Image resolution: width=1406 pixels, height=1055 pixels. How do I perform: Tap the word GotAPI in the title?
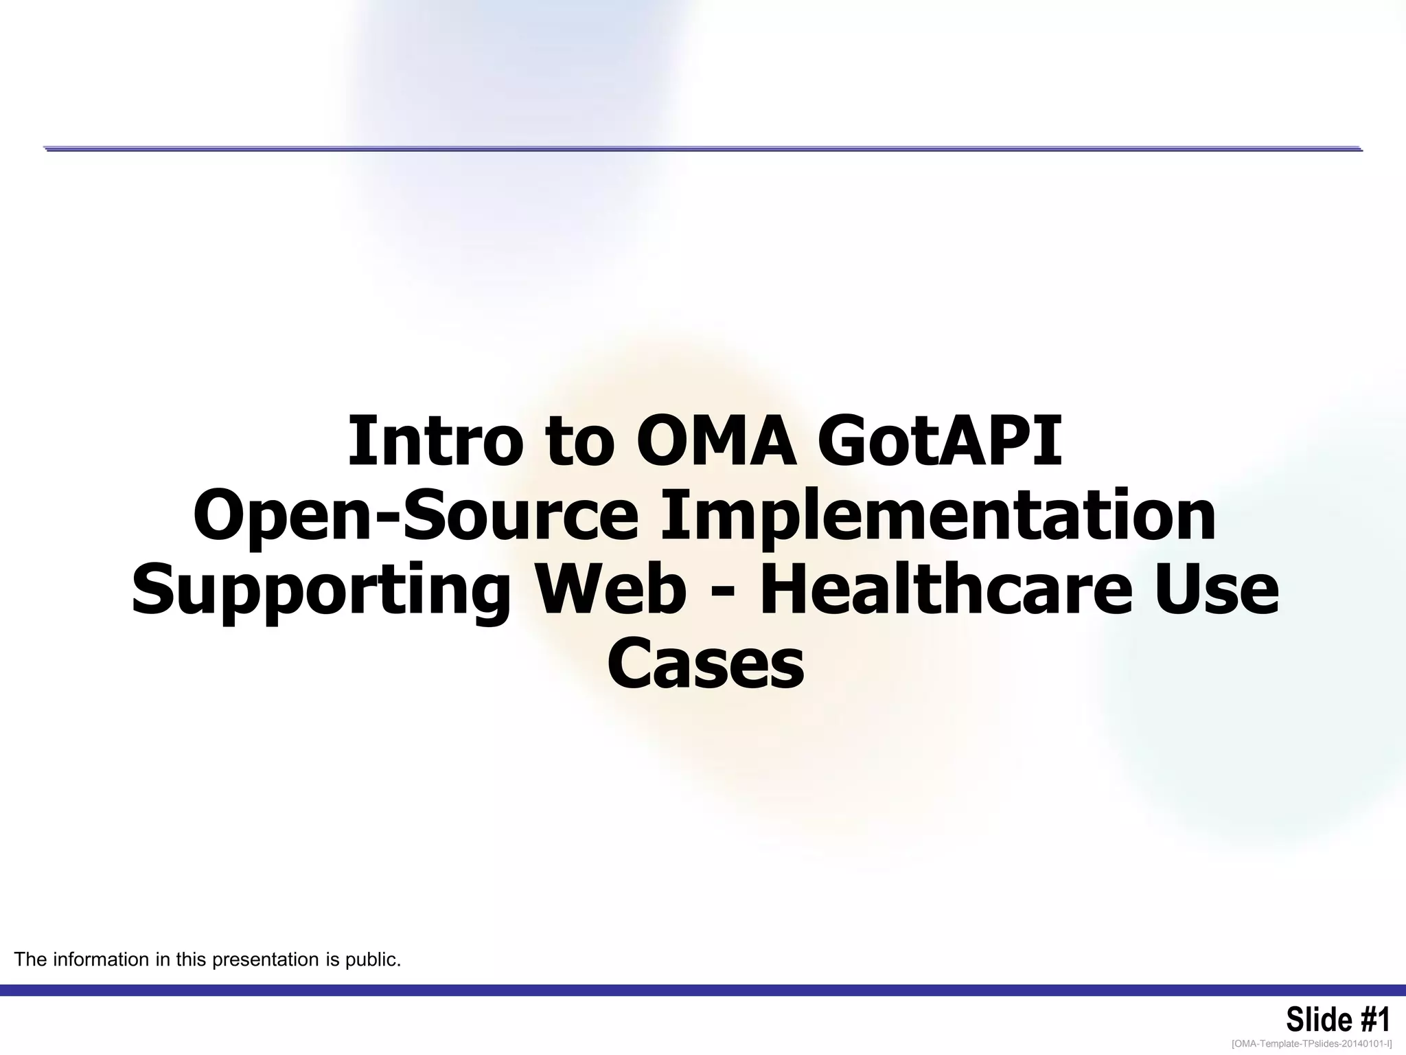click(x=940, y=441)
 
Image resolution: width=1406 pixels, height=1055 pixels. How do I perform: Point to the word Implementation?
click(x=938, y=517)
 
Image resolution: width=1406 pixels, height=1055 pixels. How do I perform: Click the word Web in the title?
click(x=611, y=591)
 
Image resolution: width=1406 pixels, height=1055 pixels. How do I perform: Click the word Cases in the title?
click(x=705, y=664)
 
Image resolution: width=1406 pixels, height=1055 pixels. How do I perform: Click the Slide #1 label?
click(x=1337, y=1020)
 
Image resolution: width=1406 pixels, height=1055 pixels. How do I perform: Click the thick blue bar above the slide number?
click(x=703, y=990)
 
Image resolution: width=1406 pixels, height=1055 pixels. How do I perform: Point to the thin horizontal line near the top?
click(x=703, y=148)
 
